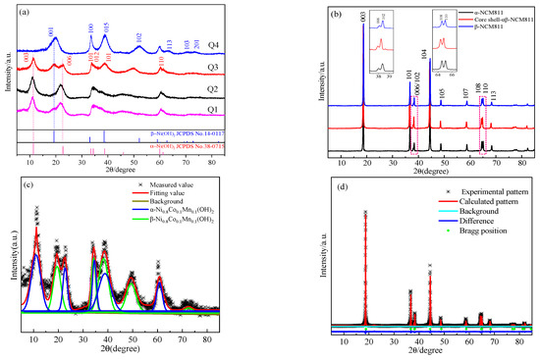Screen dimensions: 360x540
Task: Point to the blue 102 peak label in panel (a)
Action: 137,36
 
